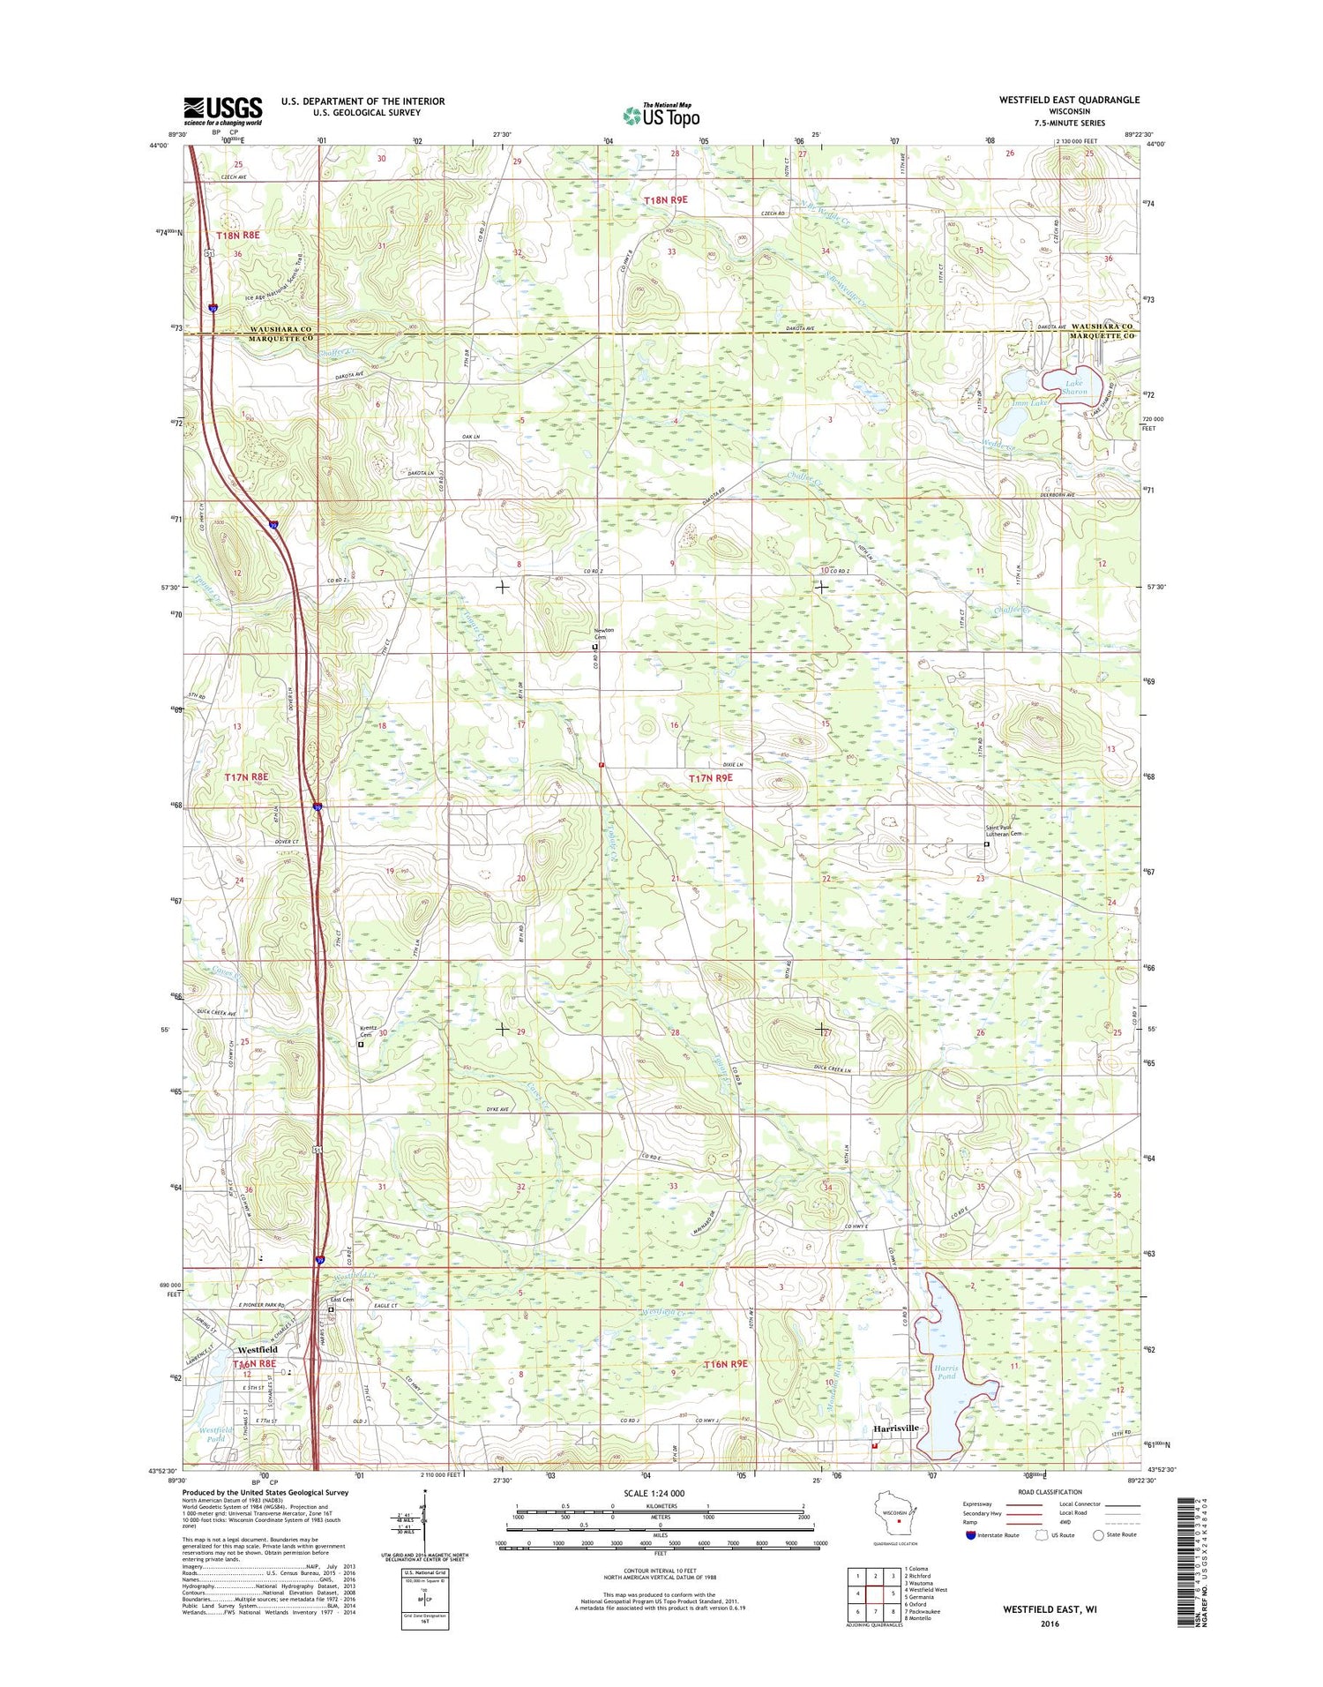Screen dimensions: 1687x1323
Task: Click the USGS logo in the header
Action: click(222, 111)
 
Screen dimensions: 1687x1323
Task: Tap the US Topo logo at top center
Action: click(661, 115)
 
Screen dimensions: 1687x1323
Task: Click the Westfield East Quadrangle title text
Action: click(1069, 101)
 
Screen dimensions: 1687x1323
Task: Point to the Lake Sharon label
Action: click(1074, 386)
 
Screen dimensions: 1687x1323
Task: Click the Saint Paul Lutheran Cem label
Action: click(1004, 830)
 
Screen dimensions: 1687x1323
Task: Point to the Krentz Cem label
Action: click(368, 1031)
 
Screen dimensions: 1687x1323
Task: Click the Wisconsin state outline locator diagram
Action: click(897, 1518)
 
